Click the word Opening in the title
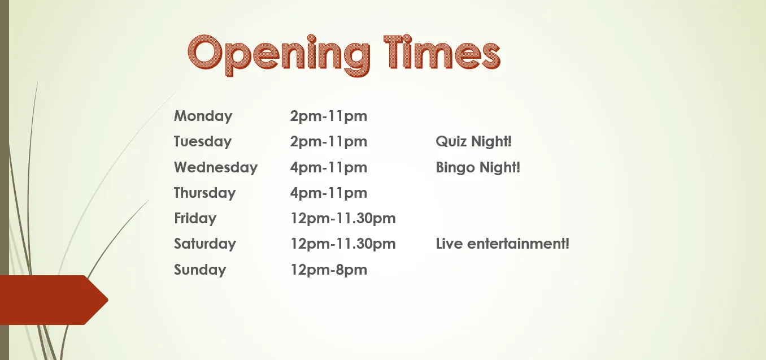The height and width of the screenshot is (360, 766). tap(279, 55)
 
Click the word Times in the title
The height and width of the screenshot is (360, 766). tap(442, 51)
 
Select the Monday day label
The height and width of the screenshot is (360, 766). tap(203, 116)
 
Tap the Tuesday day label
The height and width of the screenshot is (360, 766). tap(203, 141)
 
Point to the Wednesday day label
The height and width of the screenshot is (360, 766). tap(216, 167)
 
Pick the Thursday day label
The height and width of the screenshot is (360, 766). tap(205, 193)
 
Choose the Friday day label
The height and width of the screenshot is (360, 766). tap(195, 218)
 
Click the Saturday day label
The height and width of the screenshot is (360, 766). tap(205, 244)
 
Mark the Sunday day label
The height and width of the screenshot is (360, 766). tap(200, 270)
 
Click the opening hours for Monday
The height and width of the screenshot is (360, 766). tap(329, 116)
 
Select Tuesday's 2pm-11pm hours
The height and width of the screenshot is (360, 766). tap(329, 141)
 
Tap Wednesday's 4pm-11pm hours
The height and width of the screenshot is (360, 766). tap(329, 167)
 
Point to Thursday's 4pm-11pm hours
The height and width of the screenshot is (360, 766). tap(329, 193)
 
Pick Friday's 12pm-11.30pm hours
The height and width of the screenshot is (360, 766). tap(343, 218)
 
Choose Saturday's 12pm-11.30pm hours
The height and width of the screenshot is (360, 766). tap(343, 244)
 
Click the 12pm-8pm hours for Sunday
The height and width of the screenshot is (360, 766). tap(329, 270)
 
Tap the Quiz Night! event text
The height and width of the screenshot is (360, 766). tap(473, 141)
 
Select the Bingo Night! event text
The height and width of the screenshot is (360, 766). tap(478, 167)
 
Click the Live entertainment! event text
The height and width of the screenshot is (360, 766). tap(502, 244)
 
